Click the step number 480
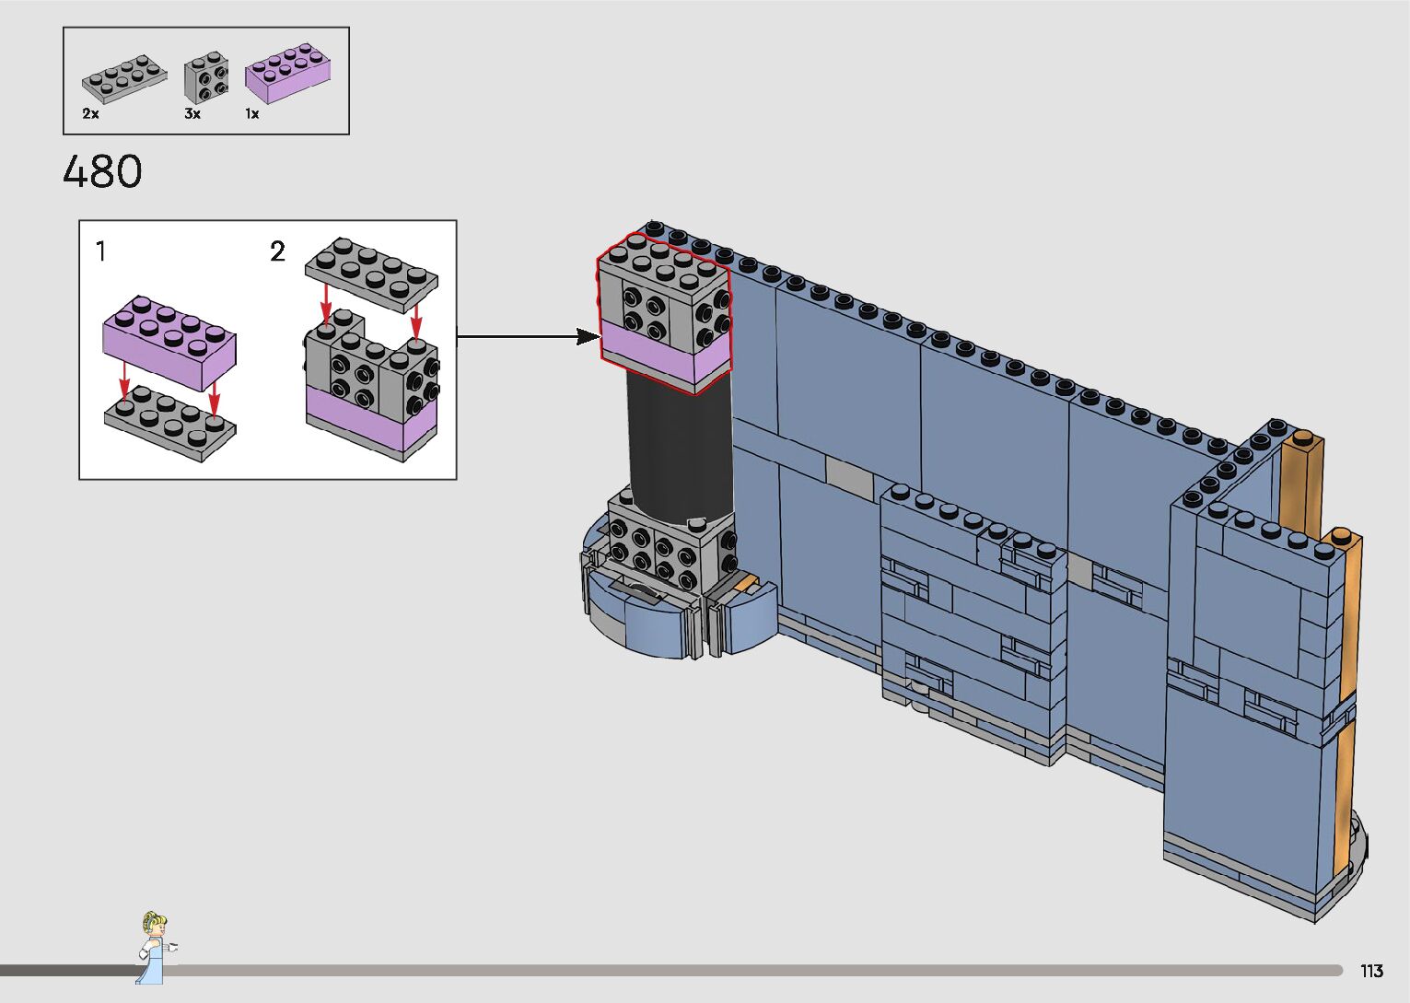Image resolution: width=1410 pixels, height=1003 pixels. point(102,172)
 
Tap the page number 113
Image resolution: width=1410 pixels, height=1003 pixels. point(1371,971)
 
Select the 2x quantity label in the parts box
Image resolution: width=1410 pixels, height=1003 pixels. point(90,114)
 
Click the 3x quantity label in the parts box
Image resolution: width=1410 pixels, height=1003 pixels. point(192,114)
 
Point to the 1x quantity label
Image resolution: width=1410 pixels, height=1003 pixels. point(251,114)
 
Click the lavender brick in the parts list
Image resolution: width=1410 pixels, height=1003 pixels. point(287,73)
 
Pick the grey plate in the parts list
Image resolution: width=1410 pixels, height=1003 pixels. point(124,78)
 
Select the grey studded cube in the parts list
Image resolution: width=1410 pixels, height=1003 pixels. point(205,77)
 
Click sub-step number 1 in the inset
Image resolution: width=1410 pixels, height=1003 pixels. point(100,251)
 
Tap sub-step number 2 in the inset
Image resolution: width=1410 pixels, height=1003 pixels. point(277,251)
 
